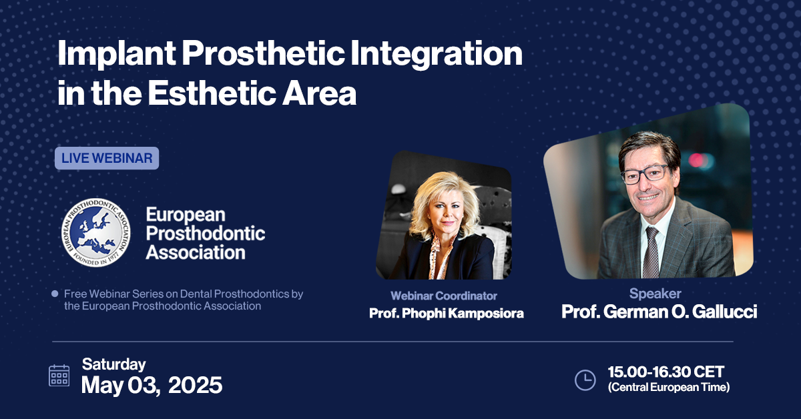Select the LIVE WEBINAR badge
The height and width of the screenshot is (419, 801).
point(107,159)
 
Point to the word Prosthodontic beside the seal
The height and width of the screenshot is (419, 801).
point(206,234)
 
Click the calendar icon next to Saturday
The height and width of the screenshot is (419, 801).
point(59,376)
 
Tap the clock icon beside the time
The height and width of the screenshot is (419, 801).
point(585,380)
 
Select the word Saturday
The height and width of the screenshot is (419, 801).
point(113,364)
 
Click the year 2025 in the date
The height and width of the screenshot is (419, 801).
point(195,385)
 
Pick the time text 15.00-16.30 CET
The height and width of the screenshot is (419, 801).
point(665,372)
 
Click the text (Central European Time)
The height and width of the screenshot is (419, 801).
point(668,387)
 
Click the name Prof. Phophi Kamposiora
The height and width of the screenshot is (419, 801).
point(446,313)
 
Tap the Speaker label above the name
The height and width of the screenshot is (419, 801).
point(655,294)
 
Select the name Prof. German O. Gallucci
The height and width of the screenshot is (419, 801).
point(659,312)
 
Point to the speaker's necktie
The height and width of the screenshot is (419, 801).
point(651,250)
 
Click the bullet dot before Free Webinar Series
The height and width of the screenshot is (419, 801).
point(55,294)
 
